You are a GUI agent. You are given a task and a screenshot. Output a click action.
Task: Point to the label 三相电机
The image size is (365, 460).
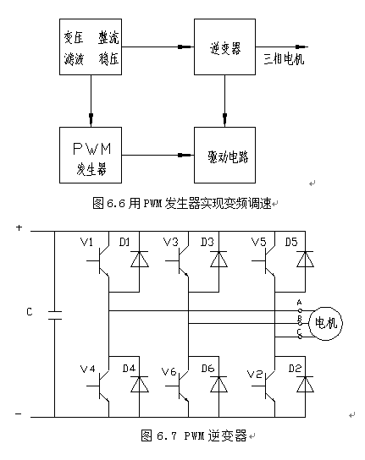coord(284,59)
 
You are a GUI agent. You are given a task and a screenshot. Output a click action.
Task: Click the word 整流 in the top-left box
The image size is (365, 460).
coord(108,38)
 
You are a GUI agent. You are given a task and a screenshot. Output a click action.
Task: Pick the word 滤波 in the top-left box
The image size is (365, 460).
coord(74,59)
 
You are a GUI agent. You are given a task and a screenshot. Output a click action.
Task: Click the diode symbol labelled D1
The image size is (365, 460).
coord(139,259)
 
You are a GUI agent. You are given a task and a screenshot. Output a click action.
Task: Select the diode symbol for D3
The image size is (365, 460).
coord(218,259)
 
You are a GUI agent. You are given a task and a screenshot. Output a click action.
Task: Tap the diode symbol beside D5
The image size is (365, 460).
coord(305,259)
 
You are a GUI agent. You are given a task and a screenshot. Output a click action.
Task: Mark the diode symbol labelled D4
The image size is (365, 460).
coord(139,384)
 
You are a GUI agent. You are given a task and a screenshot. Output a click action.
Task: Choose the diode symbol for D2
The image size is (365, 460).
coord(305,384)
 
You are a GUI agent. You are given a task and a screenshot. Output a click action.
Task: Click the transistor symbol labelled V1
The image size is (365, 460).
coord(99,260)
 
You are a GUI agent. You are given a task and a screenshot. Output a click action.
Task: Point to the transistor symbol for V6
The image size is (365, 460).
coord(179,386)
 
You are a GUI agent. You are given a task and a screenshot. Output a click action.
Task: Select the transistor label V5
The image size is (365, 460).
coord(258,242)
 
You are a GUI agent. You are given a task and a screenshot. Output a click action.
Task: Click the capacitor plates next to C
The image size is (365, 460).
coord(55,315)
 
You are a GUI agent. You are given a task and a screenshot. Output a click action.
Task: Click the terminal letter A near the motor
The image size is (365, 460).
coord(299,302)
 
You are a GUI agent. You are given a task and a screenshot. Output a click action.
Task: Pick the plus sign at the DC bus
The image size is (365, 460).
coord(19,227)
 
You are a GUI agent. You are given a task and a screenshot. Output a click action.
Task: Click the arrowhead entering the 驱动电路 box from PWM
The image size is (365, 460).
coord(184,156)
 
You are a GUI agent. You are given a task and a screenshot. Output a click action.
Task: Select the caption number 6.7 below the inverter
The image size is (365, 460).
coord(167,436)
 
